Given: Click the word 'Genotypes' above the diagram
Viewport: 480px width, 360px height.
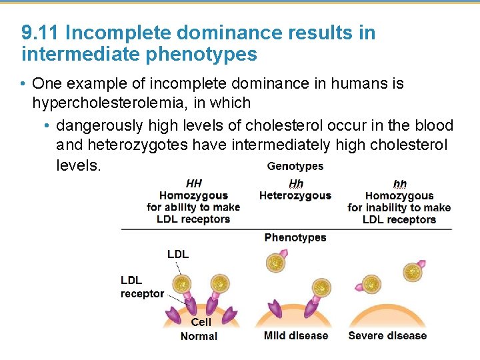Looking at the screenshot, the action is (x=295, y=166).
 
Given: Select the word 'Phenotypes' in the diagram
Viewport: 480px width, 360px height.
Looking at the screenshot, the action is (x=295, y=237).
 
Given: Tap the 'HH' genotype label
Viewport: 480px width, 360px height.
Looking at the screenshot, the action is (x=193, y=183).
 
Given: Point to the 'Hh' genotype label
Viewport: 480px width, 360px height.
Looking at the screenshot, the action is (x=295, y=183).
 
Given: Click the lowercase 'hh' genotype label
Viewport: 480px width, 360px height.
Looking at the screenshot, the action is (x=399, y=184).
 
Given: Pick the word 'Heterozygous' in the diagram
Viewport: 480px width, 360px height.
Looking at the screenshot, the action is (x=295, y=195).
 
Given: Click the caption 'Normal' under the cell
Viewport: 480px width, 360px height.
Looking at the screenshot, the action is (x=199, y=336).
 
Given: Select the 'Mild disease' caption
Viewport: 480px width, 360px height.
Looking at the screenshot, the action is (x=295, y=335).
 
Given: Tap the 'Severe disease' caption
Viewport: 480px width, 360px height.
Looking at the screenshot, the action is (x=387, y=335).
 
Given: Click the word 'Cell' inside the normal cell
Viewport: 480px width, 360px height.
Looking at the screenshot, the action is (x=201, y=323).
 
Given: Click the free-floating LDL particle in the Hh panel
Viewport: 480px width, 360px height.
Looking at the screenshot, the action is (x=275, y=263).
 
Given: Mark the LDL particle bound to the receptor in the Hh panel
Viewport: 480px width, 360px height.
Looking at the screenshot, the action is (x=321, y=287).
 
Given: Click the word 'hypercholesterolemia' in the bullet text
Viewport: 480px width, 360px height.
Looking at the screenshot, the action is (x=98, y=103).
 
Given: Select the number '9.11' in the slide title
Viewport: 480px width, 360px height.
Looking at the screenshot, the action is (x=41, y=33).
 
